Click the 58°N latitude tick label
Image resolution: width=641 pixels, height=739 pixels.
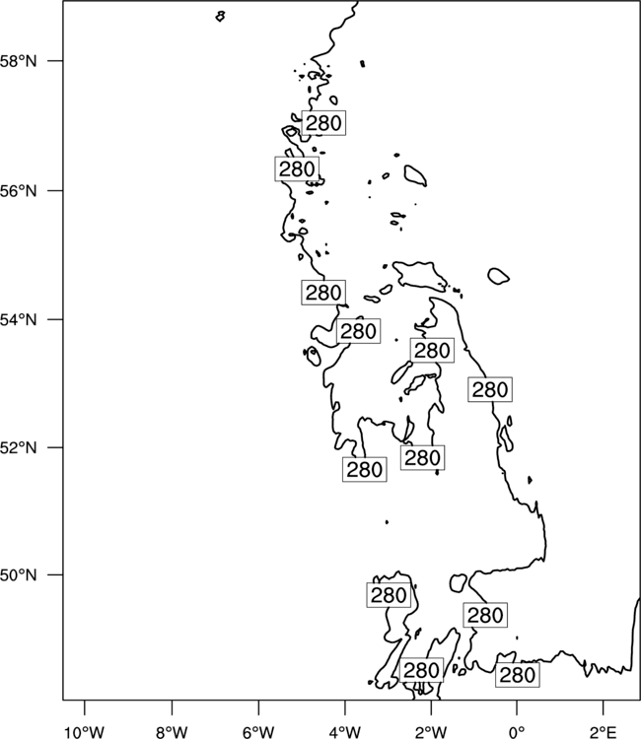coord(18,61)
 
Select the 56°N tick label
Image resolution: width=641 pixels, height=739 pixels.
coord(18,191)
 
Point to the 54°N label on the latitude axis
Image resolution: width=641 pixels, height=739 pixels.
coord(18,320)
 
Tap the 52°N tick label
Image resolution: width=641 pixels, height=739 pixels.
coord(18,447)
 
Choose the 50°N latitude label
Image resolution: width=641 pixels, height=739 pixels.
coord(18,575)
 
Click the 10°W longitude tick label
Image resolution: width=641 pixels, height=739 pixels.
coord(85,732)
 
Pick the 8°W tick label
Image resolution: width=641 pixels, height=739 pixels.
coord(172,732)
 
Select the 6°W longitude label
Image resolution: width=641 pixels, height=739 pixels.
coord(258,732)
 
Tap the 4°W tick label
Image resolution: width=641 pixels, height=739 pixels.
coord(345,732)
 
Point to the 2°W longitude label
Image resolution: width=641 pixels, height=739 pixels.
coord(431,732)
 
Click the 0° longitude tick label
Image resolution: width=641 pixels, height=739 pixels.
coord(517,732)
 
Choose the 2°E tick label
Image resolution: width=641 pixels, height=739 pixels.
coord(604,732)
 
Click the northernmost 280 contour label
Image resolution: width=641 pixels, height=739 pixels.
coord(323,123)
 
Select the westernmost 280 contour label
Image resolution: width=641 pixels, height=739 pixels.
coord(297,168)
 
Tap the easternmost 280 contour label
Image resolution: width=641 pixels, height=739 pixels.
coord(518,675)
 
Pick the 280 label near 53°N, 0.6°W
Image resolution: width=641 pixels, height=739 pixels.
coord(490,389)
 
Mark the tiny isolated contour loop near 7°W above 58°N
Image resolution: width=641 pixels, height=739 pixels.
coord(220,17)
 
